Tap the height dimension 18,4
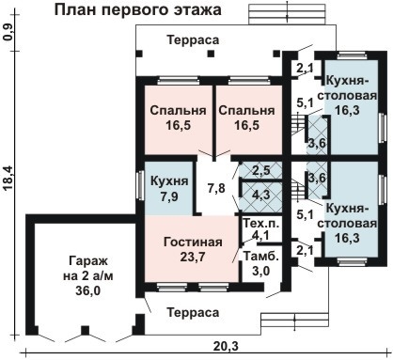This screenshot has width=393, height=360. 8,178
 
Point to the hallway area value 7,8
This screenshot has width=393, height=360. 216,188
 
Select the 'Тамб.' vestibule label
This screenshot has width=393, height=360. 259,256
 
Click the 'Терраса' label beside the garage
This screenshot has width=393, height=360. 194,311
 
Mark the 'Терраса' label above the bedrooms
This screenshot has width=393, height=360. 193,40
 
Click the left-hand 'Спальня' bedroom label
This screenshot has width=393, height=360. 176,110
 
